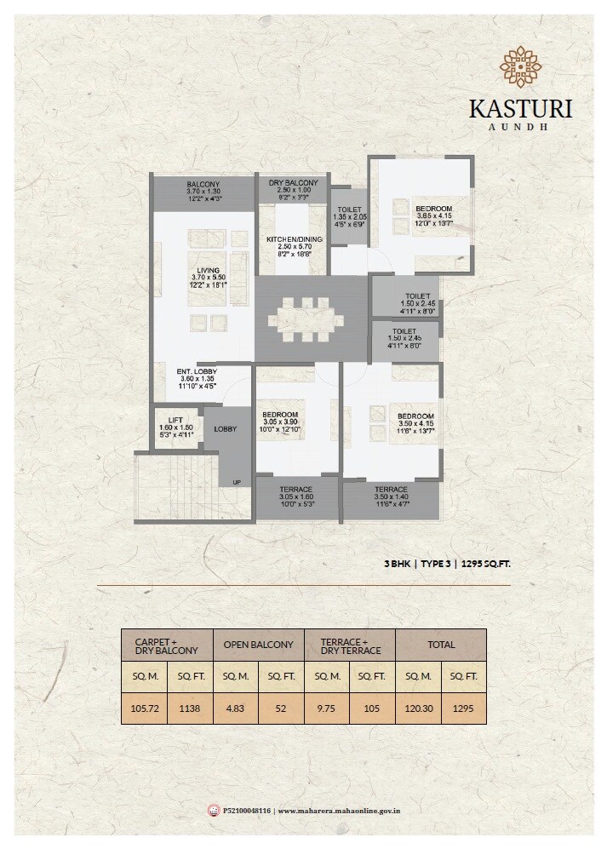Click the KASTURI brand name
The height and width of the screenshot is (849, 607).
click(x=520, y=109)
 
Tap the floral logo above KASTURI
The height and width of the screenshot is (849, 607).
click(x=520, y=67)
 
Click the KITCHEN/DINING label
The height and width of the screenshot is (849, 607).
click(x=293, y=238)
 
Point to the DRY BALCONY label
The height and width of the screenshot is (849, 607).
click(x=293, y=183)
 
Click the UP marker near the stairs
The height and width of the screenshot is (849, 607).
click(x=237, y=483)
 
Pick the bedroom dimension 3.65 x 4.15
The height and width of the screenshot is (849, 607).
click(x=433, y=216)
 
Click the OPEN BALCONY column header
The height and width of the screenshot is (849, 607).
click(x=258, y=645)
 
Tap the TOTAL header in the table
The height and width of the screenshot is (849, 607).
click(x=441, y=645)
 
